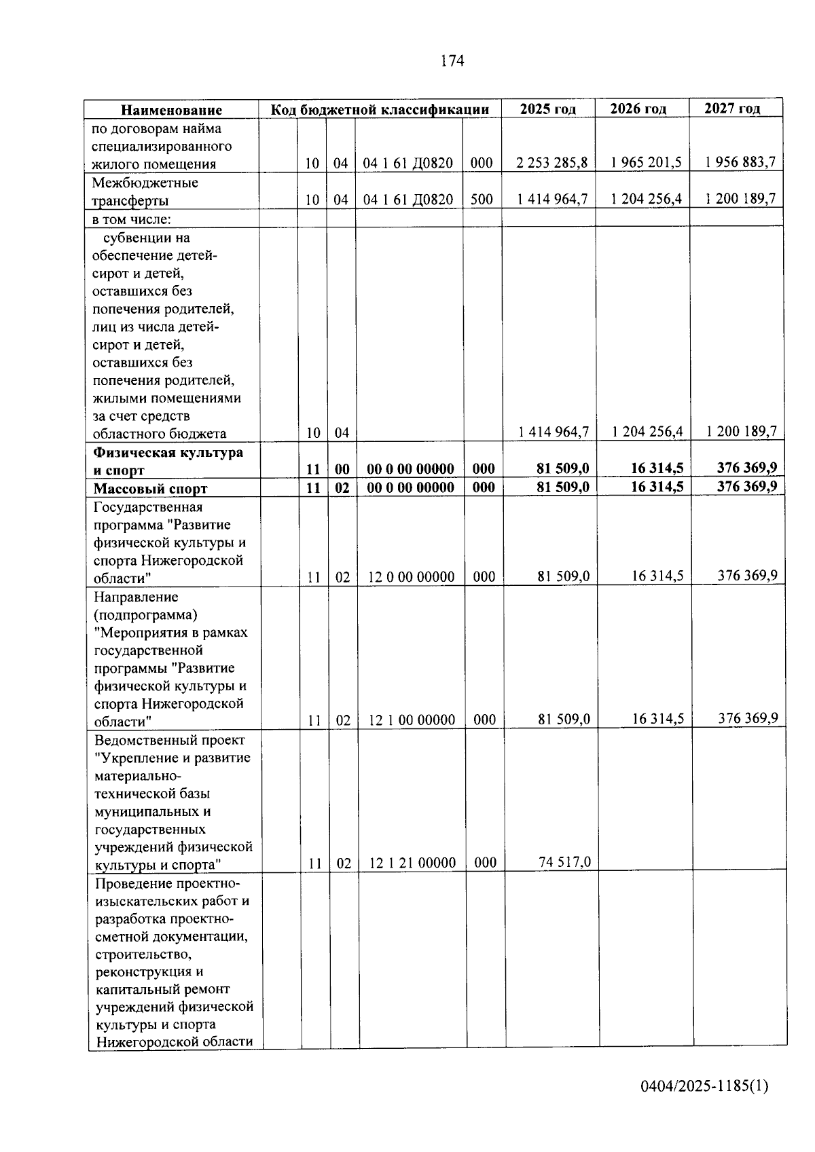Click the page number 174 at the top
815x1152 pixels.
[x=452, y=61]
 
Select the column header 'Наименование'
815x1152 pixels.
[x=172, y=110]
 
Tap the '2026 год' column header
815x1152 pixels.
[x=638, y=109]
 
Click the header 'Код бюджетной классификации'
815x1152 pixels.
[x=380, y=110]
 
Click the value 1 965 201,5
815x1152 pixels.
[x=646, y=163]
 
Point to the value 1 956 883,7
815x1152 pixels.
[x=740, y=162]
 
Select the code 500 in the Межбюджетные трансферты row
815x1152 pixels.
[x=482, y=200]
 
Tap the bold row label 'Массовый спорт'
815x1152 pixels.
[x=150, y=489]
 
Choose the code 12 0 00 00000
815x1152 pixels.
[x=411, y=578]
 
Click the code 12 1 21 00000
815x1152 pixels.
[x=412, y=863]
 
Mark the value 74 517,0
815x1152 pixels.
[x=564, y=863]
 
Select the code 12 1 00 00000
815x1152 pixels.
[x=412, y=720]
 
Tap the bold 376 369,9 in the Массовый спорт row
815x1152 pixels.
[x=747, y=486]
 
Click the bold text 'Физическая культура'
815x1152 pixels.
[x=168, y=453]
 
